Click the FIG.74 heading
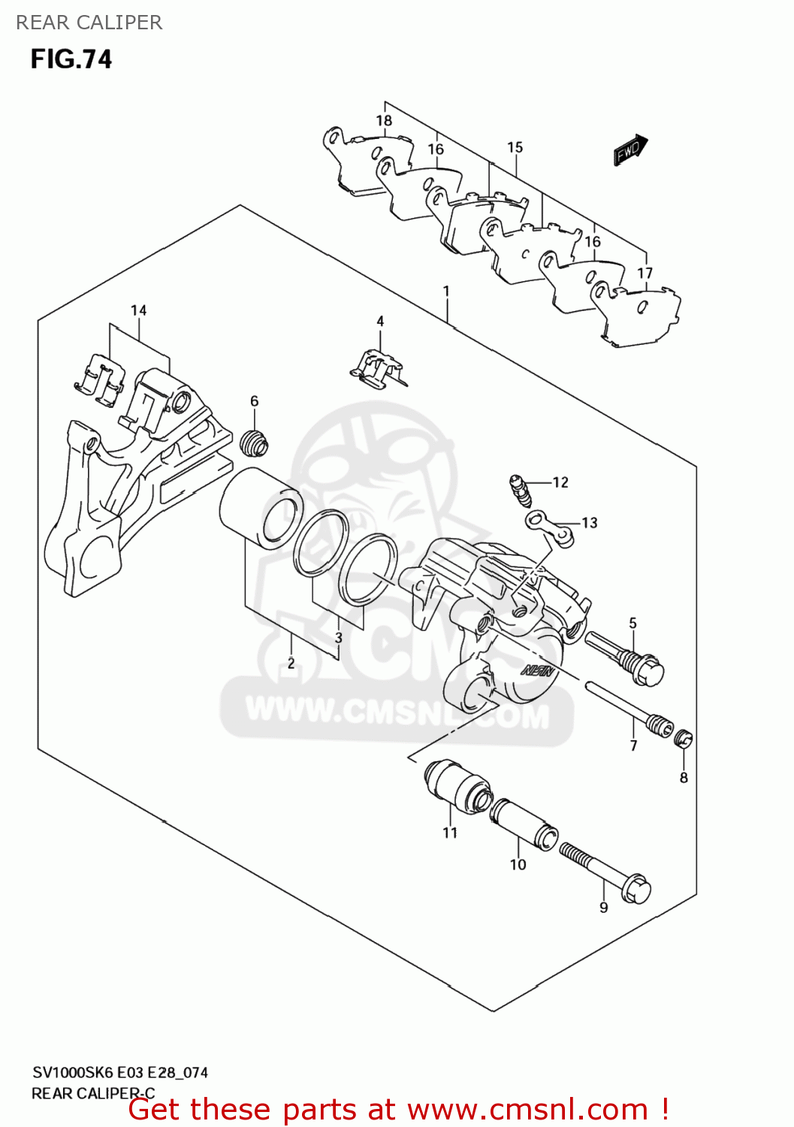(x=71, y=59)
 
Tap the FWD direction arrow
(x=629, y=150)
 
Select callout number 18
(x=384, y=120)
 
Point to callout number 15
(x=515, y=147)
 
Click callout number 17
(x=645, y=273)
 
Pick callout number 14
(x=138, y=310)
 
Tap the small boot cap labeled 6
(x=255, y=443)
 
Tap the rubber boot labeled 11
(x=455, y=787)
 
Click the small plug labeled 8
(x=684, y=739)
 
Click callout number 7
(x=633, y=745)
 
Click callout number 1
(x=446, y=291)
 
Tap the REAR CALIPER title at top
(x=89, y=23)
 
